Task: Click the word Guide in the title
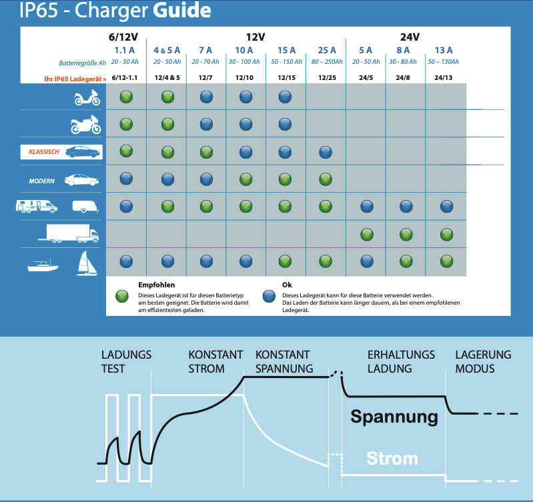click(x=181, y=11)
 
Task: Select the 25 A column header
click(x=327, y=50)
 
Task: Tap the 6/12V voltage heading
click(x=123, y=37)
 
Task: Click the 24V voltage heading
click(x=405, y=37)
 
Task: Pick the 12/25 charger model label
click(x=327, y=78)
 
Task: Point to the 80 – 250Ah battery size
click(x=327, y=62)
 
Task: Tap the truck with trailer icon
click(x=72, y=233)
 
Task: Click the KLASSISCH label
click(x=44, y=152)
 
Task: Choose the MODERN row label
click(x=42, y=181)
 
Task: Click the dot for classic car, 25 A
click(x=326, y=152)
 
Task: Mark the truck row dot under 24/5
click(x=366, y=234)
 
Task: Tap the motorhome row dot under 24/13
click(x=446, y=206)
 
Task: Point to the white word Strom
click(x=392, y=459)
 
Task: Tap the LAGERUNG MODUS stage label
click(x=483, y=361)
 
